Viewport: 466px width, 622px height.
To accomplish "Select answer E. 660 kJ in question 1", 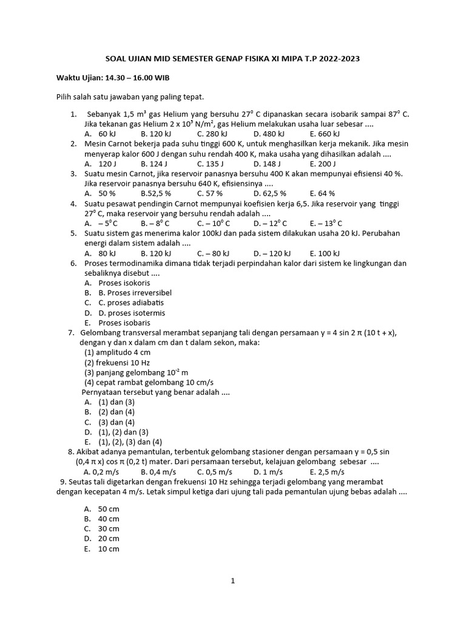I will pos(325,134).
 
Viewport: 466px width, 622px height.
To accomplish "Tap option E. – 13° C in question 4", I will pos(326,223).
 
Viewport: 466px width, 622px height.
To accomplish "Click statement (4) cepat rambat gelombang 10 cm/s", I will pos(149,382).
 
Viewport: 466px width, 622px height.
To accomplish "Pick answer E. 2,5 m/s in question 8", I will pos(327,471).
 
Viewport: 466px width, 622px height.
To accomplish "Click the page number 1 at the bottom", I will pos(232,581).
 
